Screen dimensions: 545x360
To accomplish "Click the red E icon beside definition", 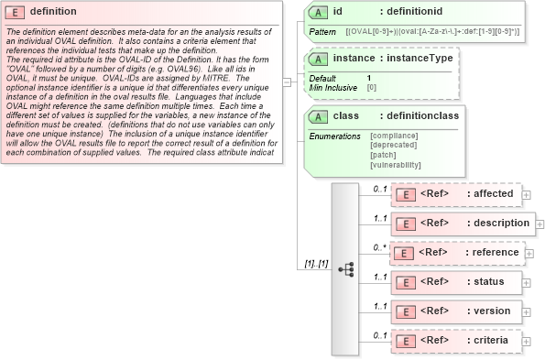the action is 16,12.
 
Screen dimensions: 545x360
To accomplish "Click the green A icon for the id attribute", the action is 317,12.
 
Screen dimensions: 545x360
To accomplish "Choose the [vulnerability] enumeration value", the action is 396,165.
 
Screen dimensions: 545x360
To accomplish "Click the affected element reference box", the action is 455,194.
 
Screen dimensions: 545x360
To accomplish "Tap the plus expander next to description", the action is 539,224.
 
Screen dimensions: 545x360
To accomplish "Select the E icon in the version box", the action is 404,311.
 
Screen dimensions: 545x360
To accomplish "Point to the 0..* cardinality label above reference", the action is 379,246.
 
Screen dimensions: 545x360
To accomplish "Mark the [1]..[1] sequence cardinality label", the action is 316,265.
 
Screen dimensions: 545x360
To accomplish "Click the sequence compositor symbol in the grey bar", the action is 345,269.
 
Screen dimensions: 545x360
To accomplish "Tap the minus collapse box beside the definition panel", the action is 288,81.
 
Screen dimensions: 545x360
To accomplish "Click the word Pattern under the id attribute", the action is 322,32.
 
